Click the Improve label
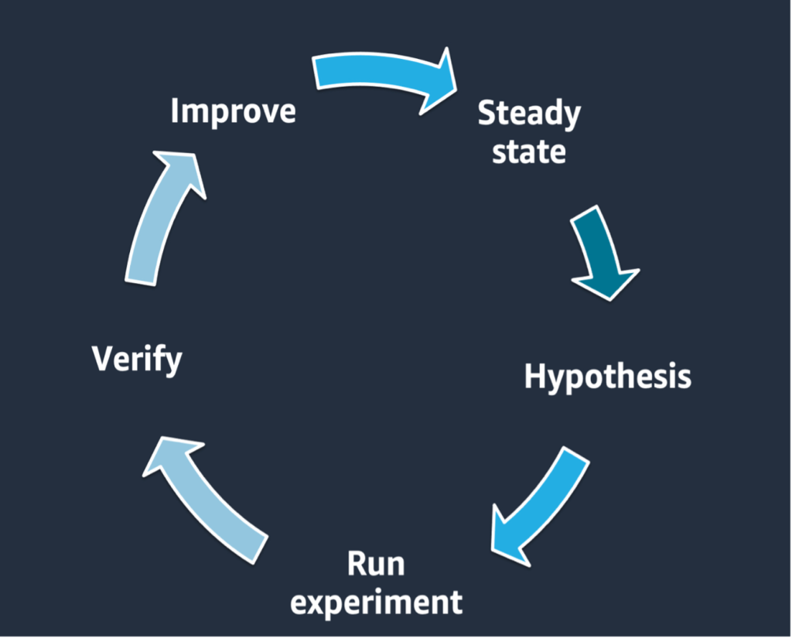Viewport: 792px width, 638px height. point(233,111)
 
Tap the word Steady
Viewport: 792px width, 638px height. point(529,114)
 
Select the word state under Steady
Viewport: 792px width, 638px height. point(529,151)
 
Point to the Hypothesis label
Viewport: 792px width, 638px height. point(607,377)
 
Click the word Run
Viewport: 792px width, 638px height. point(376,564)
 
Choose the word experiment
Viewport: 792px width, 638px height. point(376,601)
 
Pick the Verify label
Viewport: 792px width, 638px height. point(137,359)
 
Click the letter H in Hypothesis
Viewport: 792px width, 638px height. point(535,376)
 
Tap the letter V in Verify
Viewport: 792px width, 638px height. point(102,358)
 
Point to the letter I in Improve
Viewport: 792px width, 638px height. point(175,110)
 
